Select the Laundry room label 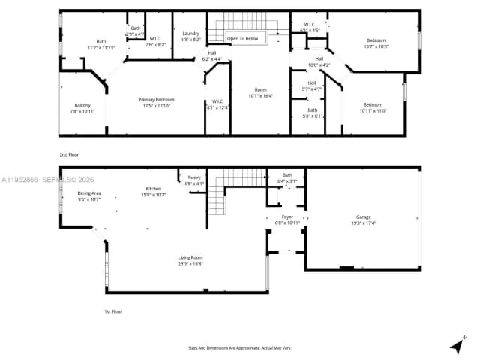190,34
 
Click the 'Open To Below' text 243,38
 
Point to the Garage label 363,217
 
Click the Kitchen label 154,189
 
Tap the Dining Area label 89,194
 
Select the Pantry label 194,178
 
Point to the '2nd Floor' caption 70,154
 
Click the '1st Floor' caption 112,310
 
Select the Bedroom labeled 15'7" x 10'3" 376,40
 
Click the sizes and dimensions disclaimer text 239,347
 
